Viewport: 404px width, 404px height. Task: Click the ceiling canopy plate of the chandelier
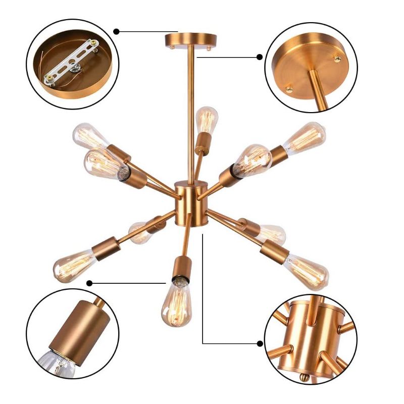[x=190, y=39]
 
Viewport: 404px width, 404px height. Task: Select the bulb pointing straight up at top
[x=206, y=120]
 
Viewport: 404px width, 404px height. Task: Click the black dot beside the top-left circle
[x=117, y=31]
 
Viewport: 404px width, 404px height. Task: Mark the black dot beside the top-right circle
[x=260, y=57]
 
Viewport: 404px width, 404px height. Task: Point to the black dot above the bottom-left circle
[x=89, y=282]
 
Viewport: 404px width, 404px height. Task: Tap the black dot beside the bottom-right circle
[x=260, y=344]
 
